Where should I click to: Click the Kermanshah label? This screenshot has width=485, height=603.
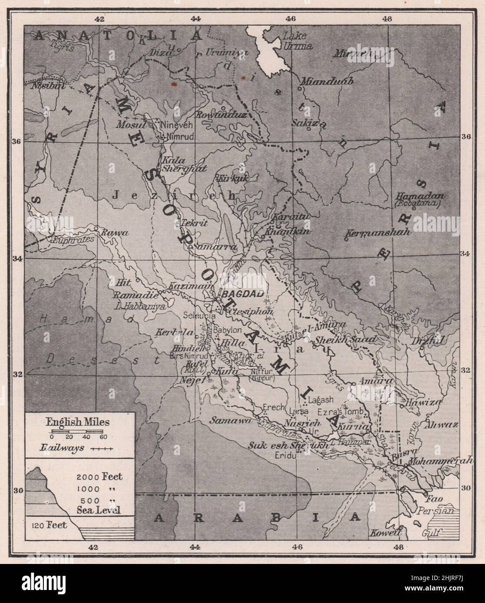coord(379,232)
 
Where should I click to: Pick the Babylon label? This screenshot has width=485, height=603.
coord(224,329)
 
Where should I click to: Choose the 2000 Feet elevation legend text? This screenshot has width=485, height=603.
coord(100,477)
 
